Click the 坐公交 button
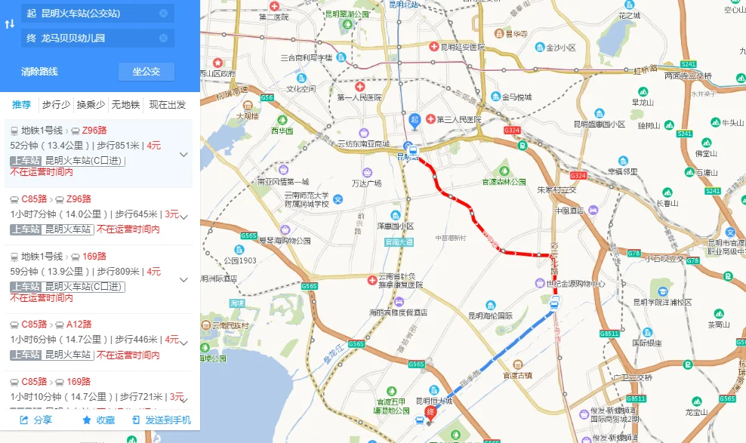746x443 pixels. coord(146,72)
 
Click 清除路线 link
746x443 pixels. coord(39,72)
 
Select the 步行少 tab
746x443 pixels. coord(56,105)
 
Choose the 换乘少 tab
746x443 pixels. coord(91,105)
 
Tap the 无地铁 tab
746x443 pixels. coord(125,105)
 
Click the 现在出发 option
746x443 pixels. coord(168,105)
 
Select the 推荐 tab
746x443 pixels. coord(21,105)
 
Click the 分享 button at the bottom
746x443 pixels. coord(35,420)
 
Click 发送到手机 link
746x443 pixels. coord(162,420)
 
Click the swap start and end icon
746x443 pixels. coord(9,25)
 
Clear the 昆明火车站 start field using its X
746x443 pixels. coord(164,14)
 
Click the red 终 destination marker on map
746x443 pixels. coord(430,412)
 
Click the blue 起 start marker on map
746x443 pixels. coord(415,119)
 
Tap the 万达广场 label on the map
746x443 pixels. coord(366,183)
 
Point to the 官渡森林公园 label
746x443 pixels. coord(504,182)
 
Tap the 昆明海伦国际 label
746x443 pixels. coord(490,315)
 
